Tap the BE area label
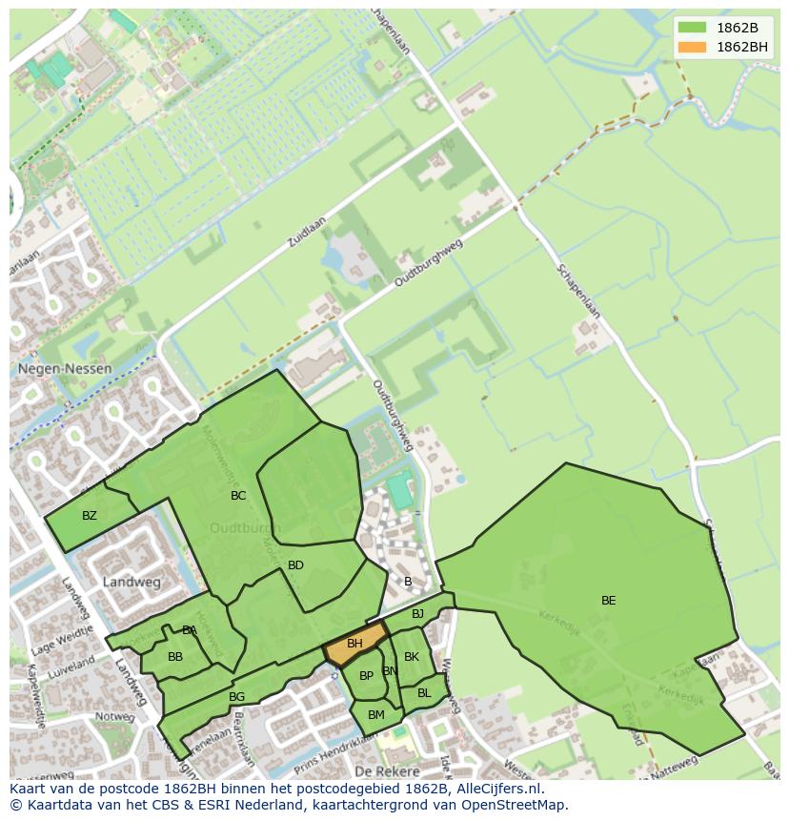608,600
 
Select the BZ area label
90,516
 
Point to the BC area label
238,495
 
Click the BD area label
295,565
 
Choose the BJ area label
417,614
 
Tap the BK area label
412,656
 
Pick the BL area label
424,692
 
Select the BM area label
375,714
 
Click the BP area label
366,676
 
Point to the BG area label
237,697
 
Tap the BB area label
175,657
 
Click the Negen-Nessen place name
64,368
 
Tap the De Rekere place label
387,770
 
